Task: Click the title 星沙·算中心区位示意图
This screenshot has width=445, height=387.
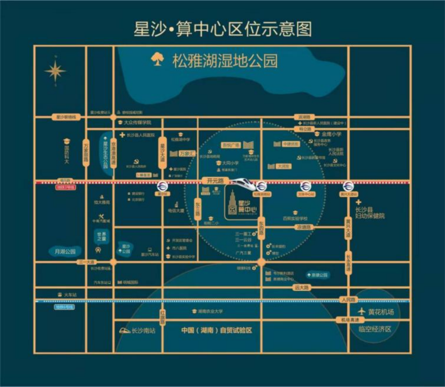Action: pyautogui.click(x=222, y=29)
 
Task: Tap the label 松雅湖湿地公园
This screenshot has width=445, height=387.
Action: pyautogui.click(x=225, y=61)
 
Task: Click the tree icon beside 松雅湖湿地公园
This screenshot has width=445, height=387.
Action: pyautogui.click(x=157, y=59)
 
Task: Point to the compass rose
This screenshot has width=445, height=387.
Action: pyautogui.click(x=55, y=71)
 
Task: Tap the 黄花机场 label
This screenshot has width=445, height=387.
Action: pyautogui.click(x=380, y=312)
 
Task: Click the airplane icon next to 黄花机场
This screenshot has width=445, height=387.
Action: pyautogui.click(x=362, y=311)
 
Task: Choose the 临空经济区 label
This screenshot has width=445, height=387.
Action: pyautogui.click(x=374, y=329)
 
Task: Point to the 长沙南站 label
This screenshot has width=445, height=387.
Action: pyautogui.click(x=143, y=330)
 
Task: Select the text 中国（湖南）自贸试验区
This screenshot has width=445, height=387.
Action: pyautogui.click(x=217, y=330)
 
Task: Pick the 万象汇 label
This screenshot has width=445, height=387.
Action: pyautogui.click(x=187, y=153)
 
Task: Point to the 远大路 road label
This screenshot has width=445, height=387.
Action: pyautogui.click(x=302, y=288)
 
